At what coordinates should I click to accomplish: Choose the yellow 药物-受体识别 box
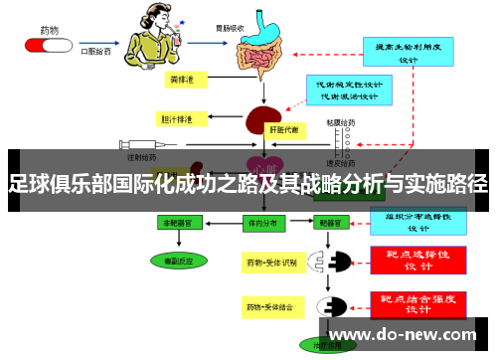pyautogui.click(x=273, y=263)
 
